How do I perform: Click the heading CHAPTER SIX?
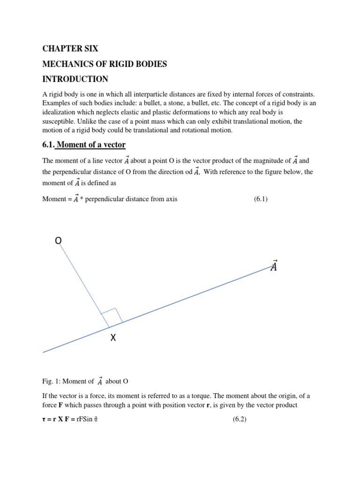pyautogui.click(x=70, y=49)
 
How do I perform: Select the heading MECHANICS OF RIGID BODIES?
pyautogui.click(x=104, y=64)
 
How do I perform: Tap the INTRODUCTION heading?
pyautogui.click(x=75, y=79)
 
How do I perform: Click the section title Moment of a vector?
pyautogui.click(x=91, y=145)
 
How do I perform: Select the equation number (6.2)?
pyautogui.click(x=240, y=420)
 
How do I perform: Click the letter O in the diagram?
pyautogui.click(x=58, y=241)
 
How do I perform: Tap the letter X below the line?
pyautogui.click(x=112, y=338)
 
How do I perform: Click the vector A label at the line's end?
pyautogui.click(x=274, y=266)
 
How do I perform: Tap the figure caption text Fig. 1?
pyautogui.click(x=52, y=381)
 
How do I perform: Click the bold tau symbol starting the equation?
pyautogui.click(x=44, y=420)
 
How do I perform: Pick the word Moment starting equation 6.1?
pyautogui.click(x=54, y=199)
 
